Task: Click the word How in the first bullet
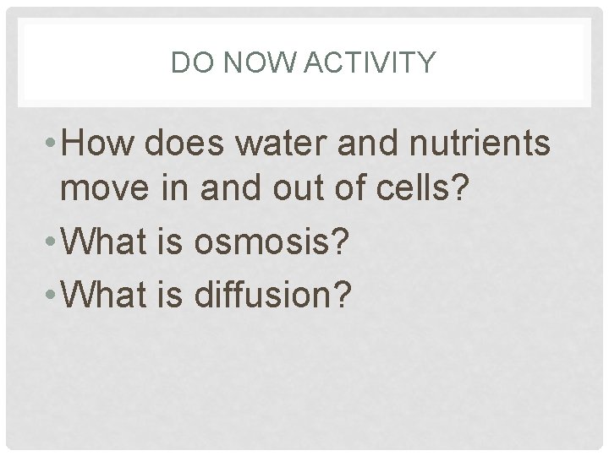[100, 144]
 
